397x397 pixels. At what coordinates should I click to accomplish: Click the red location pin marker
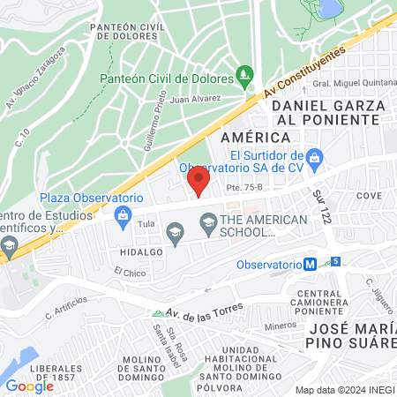pyautogui.click(x=198, y=183)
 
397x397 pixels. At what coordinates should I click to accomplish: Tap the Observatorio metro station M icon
pyautogui.click(x=311, y=264)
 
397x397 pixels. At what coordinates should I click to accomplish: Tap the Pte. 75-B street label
pyautogui.click(x=244, y=187)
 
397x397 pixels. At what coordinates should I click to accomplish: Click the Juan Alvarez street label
pyautogui.click(x=195, y=100)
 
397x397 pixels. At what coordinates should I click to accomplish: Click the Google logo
pyautogui.click(x=28, y=386)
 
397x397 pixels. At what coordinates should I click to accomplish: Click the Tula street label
pyautogui.click(x=146, y=225)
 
